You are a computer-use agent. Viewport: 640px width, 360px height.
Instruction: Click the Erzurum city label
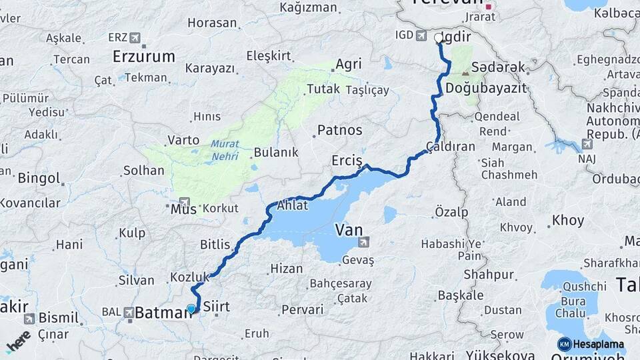point(143,56)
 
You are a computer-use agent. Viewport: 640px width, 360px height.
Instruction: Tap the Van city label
point(349,230)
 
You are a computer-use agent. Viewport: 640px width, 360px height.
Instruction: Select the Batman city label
point(162,312)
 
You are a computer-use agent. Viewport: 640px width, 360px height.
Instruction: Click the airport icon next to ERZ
point(136,37)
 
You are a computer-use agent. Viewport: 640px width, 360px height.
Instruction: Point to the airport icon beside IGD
point(422,35)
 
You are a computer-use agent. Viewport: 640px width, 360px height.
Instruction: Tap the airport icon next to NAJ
point(586,143)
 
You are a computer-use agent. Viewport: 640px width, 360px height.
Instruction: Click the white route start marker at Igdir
point(439,38)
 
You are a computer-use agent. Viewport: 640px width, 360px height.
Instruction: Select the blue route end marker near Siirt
point(191,309)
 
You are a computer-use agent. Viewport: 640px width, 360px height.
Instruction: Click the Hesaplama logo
point(591,344)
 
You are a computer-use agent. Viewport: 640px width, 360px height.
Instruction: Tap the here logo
point(18,341)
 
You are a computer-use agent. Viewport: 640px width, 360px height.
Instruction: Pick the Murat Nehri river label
point(225,150)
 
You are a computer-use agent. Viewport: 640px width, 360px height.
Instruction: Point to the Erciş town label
point(347,161)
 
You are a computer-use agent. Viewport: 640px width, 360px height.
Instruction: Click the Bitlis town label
point(214,245)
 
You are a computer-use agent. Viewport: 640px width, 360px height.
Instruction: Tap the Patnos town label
point(339,130)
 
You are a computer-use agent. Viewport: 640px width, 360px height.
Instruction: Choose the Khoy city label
point(569,220)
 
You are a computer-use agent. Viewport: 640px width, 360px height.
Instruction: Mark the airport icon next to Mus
point(185,201)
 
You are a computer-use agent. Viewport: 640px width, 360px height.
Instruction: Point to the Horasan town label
point(212,23)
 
